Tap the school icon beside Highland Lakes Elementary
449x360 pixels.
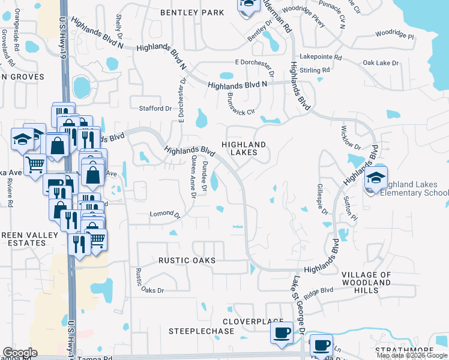coord(376,178)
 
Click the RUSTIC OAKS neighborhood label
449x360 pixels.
coord(187,261)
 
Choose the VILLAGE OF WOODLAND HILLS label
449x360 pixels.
coord(366,283)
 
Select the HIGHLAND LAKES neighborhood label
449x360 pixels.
coord(244,148)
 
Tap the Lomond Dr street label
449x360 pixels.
coord(164,214)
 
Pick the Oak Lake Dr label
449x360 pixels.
coord(381,63)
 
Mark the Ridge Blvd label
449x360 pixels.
coord(318,291)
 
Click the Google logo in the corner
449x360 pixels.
coord(20,353)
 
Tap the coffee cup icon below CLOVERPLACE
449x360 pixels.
coord(282,332)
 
